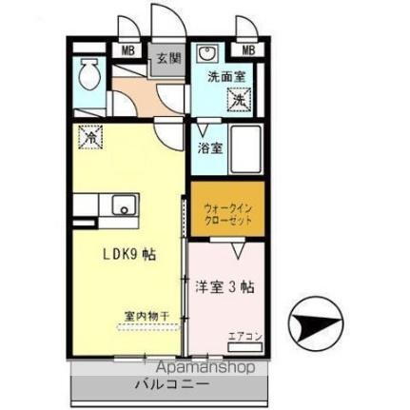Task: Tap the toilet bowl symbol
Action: click(90, 72)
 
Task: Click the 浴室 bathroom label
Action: click(210, 148)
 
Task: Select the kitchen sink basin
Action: click(122, 205)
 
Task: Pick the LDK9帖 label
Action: click(130, 255)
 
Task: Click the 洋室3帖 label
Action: click(225, 285)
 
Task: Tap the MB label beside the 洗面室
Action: click(247, 50)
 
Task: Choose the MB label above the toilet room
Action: click(126, 50)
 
